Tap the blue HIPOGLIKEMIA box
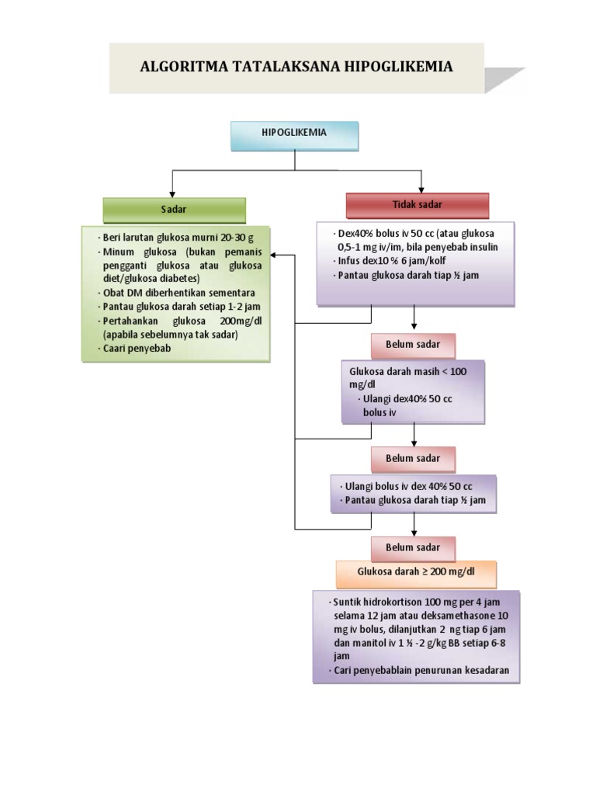click(x=294, y=134)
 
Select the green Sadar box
click(x=174, y=210)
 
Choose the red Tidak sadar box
click(x=418, y=205)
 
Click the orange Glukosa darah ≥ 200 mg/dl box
click(x=416, y=572)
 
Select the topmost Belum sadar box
click(x=413, y=343)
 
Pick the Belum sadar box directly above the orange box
click(x=413, y=547)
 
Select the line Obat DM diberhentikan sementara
click(x=179, y=293)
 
